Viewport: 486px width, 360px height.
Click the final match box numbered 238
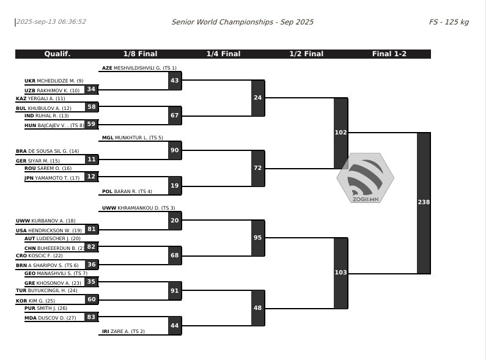pos(424,203)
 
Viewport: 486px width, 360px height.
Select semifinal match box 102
pos(341,133)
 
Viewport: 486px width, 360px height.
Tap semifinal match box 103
pos(341,273)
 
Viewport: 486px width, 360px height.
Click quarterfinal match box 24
pos(258,98)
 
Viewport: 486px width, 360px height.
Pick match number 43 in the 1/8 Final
pos(175,81)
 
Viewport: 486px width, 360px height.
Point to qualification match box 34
pos(92,89)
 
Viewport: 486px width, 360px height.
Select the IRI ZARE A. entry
pos(123,331)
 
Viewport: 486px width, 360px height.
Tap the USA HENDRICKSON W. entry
pos(49,230)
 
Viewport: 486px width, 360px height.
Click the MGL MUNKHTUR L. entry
pos(132,138)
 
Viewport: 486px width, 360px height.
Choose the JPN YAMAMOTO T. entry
pos(52,178)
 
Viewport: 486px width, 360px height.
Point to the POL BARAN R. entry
pos(127,191)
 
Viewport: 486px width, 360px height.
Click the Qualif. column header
pos(57,54)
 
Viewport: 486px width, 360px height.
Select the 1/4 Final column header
pos(224,54)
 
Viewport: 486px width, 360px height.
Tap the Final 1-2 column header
pos(389,54)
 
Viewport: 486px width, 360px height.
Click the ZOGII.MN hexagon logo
pos(366,178)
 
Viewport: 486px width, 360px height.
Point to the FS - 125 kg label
pos(449,22)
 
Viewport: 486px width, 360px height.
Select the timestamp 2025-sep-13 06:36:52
pos(51,21)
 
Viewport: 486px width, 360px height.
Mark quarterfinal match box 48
pos(258,308)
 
